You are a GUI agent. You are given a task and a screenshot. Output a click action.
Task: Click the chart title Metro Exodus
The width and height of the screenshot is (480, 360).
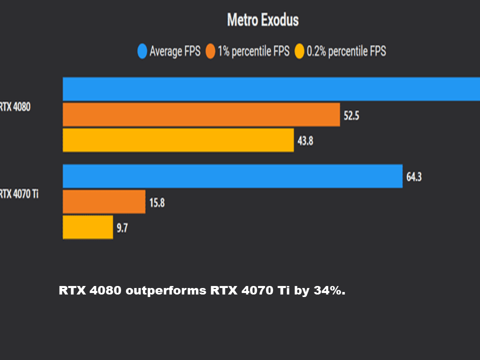tap(262, 20)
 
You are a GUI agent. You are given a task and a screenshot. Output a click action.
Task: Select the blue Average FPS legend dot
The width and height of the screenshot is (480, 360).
tap(142, 51)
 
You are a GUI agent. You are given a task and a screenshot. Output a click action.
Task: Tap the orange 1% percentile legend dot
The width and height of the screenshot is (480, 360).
tap(210, 51)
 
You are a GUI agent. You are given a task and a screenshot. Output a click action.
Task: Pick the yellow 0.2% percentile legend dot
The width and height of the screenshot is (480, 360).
tap(299, 51)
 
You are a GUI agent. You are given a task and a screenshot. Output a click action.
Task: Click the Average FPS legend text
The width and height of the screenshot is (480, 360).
tap(174, 51)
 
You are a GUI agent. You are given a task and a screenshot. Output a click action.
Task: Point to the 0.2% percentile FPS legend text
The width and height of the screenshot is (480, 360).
tap(346, 51)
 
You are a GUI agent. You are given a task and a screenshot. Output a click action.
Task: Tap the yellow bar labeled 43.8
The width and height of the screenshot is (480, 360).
tap(178, 140)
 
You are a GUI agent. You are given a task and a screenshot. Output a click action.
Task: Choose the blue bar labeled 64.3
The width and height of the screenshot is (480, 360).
tap(232, 176)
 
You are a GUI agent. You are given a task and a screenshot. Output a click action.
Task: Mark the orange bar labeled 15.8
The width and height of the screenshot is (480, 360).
tap(104, 201)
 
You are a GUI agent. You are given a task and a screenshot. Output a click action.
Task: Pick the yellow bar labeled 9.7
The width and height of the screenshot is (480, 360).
tap(87, 227)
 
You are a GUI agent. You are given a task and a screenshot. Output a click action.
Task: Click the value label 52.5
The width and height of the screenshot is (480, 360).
tap(351, 116)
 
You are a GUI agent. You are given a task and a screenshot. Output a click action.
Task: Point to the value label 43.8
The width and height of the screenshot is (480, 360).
tap(305, 141)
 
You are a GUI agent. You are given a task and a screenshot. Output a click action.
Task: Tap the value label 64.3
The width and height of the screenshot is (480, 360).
tap(414, 176)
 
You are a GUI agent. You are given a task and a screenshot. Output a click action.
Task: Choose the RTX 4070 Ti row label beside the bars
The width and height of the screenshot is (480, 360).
tap(19, 194)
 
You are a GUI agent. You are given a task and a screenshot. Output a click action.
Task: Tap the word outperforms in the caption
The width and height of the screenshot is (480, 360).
tap(166, 290)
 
